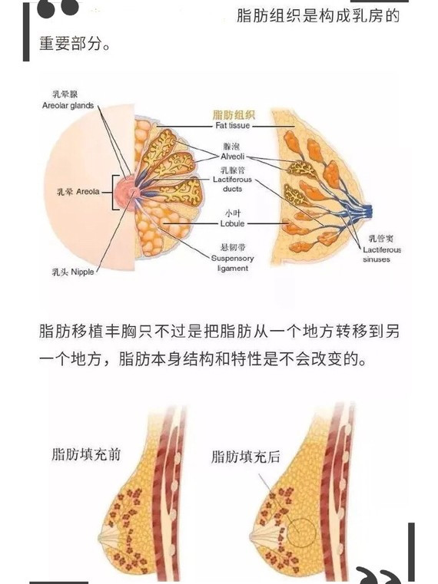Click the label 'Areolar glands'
pyautogui.click(x=68, y=105)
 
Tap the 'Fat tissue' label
pyautogui.click(x=232, y=126)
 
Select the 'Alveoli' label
pyautogui.click(x=232, y=157)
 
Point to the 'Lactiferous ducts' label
pyautogui.click(x=232, y=184)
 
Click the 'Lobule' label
pyautogui.click(x=232, y=223)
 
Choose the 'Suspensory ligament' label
pyautogui.click(x=232, y=263)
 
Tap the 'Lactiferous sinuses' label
pyautogui.click(x=382, y=254)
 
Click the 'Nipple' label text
pyautogui.click(x=82, y=272)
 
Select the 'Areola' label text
pyautogui.click(x=88, y=192)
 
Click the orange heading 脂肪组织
pyautogui.click(x=234, y=114)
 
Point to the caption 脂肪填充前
pyautogui.click(x=86, y=454)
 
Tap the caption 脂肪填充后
pyautogui.click(x=245, y=457)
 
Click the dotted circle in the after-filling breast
pyautogui.click(x=301, y=533)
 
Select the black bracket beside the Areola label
pyautogui.click(x=115, y=193)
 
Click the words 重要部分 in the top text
pyautogui.click(x=71, y=44)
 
